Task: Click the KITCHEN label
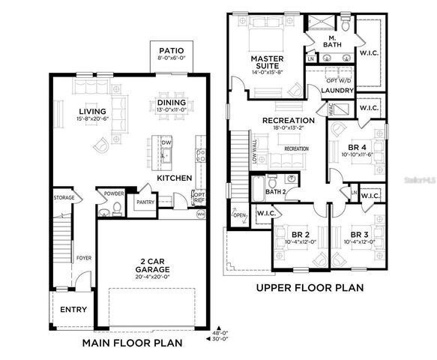(174, 178)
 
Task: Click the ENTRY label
(73, 310)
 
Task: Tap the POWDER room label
(115, 193)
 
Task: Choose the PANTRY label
(144, 202)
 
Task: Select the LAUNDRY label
(337, 91)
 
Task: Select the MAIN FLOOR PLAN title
(133, 343)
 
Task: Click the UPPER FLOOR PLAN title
(310, 287)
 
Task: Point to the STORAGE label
(63, 197)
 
